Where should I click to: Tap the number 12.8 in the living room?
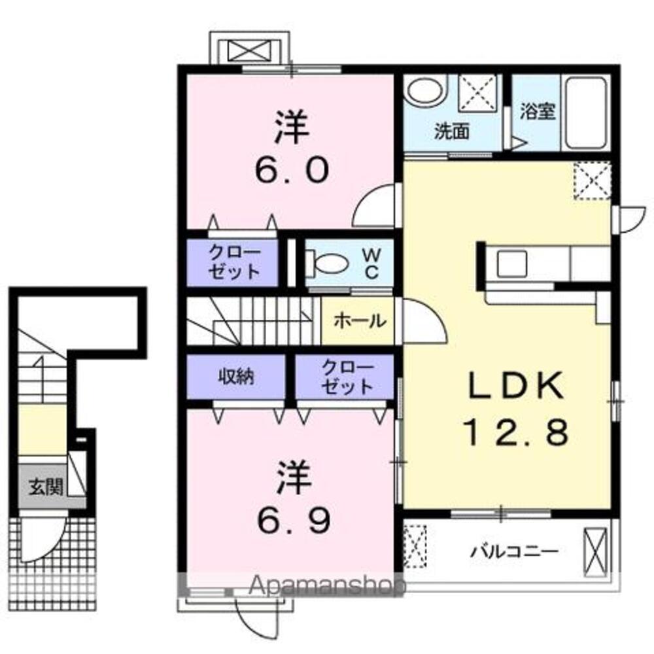pyautogui.click(x=516, y=432)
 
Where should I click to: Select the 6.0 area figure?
pyautogui.click(x=290, y=171)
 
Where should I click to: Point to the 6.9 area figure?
pyautogui.click(x=290, y=520)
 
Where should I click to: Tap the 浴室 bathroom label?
pyautogui.click(x=538, y=111)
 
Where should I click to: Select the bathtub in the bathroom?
pyautogui.click(x=585, y=112)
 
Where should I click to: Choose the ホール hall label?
pyautogui.click(x=358, y=320)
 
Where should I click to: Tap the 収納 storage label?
pyautogui.click(x=235, y=376)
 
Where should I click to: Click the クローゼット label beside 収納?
pyautogui.click(x=345, y=376)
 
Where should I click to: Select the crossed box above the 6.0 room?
pyautogui.click(x=249, y=50)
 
